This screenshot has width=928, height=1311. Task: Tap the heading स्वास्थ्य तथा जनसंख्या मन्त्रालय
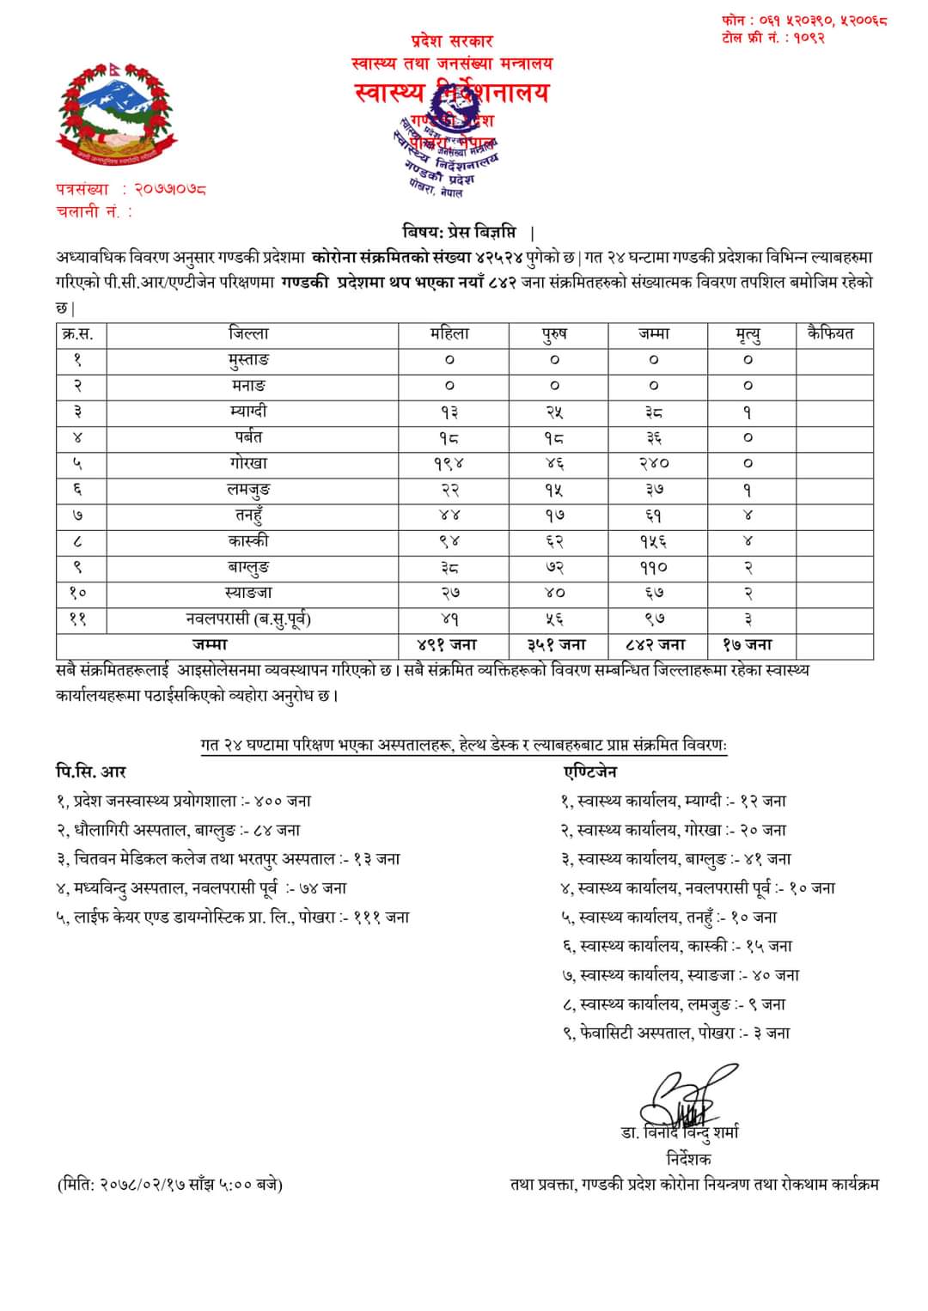tap(452, 63)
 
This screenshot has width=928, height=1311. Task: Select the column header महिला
tap(449, 333)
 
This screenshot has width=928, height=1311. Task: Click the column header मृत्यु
tap(748, 334)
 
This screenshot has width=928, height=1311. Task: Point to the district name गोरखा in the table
tap(248, 463)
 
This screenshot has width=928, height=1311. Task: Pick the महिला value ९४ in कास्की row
tap(449, 541)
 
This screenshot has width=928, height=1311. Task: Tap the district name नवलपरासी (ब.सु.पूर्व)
tap(248, 619)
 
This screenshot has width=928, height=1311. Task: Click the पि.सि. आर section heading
tap(91, 771)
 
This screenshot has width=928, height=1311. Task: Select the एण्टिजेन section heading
tap(590, 771)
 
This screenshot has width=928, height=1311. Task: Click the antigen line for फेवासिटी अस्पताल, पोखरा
tap(676, 1033)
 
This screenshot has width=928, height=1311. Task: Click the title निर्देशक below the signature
tap(688, 1159)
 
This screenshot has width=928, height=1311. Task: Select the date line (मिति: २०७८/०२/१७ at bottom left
tap(170, 1185)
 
